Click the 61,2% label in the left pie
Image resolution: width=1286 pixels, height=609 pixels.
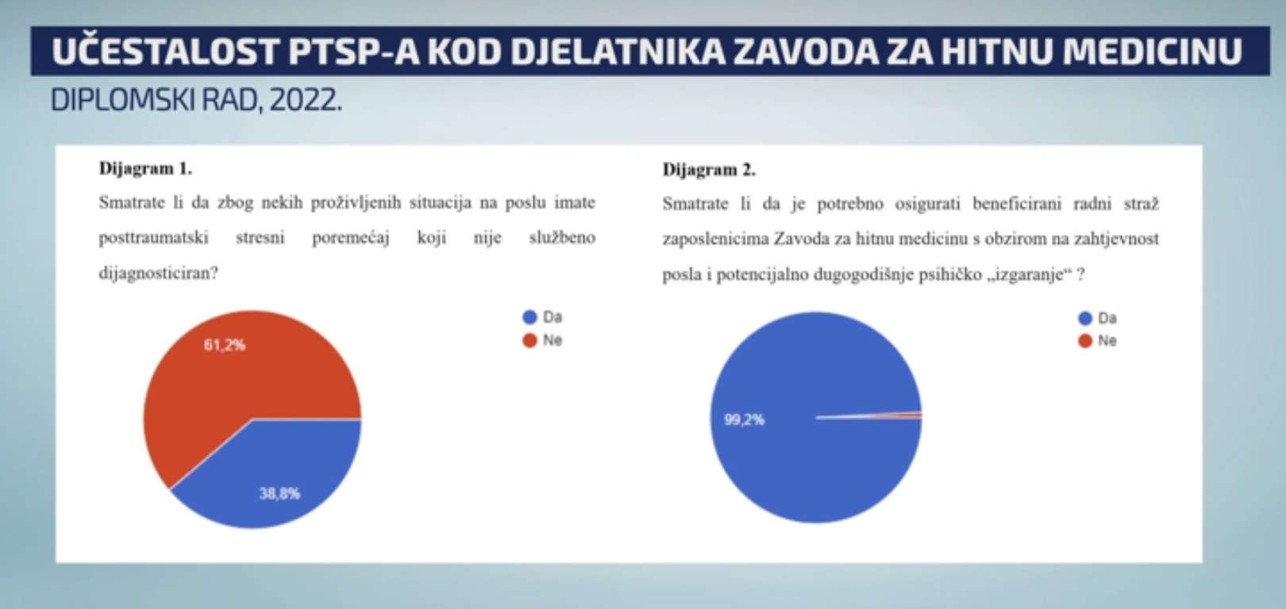coord(225,345)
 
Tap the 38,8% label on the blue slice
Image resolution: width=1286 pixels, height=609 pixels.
coord(279,494)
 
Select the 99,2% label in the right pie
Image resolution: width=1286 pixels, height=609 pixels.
coord(744,420)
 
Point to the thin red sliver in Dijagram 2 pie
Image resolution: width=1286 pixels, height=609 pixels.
coord(913,415)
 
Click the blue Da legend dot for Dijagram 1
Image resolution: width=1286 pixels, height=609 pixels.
coord(529,317)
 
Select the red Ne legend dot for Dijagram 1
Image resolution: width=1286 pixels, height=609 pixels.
coord(529,341)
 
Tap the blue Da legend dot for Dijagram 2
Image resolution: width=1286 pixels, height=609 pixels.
coord(1085,318)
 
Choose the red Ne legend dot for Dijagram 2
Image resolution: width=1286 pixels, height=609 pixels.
coord(1085,341)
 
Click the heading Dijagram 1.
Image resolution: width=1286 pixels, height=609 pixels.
coord(145,168)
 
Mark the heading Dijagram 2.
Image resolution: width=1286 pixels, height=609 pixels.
coord(709,170)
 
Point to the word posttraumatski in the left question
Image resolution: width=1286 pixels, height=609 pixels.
coord(153,237)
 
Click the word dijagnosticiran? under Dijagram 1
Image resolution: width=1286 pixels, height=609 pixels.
coord(158,272)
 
